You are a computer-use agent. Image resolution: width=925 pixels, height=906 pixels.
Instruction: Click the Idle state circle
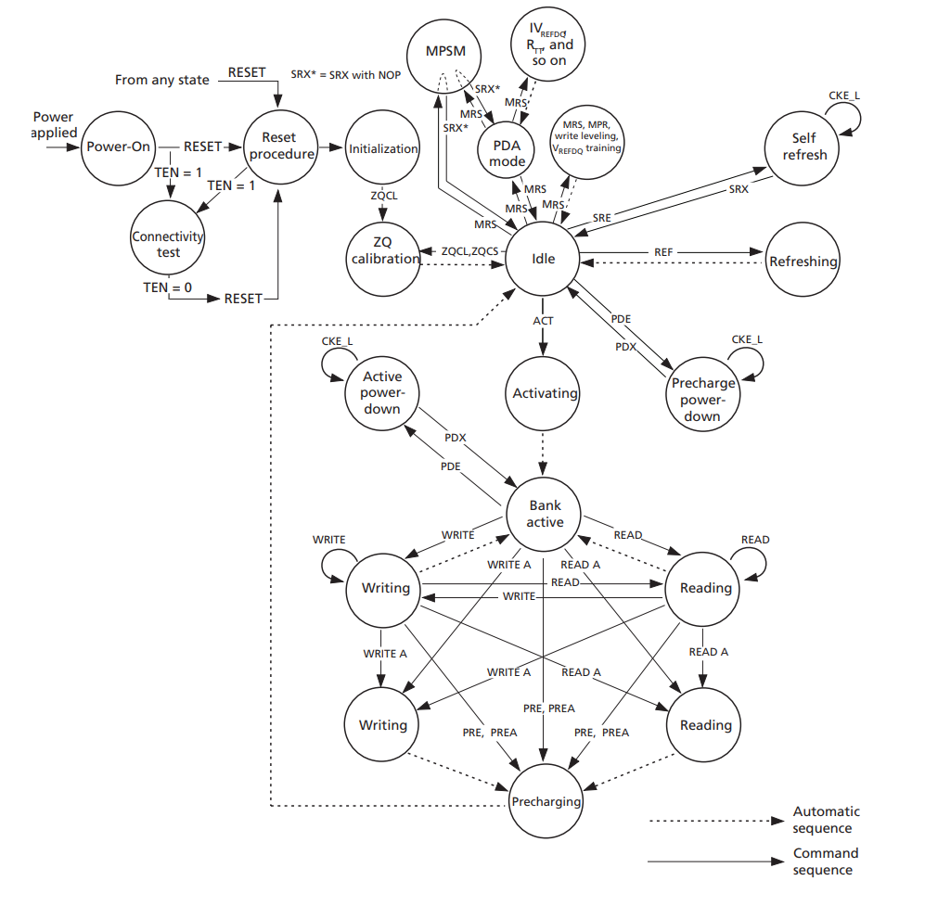pyautogui.click(x=543, y=258)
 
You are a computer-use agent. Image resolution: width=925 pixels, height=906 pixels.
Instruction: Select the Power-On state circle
pyautogui.click(x=118, y=147)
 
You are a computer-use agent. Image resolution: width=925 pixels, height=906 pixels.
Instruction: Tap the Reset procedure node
pyautogui.click(x=281, y=147)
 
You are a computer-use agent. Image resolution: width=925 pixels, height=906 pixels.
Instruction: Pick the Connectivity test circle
pyautogui.click(x=168, y=244)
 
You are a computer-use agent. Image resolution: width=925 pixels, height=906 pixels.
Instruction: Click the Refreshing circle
pyautogui.click(x=803, y=262)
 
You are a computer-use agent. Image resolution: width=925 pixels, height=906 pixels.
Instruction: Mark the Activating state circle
pyautogui.click(x=545, y=393)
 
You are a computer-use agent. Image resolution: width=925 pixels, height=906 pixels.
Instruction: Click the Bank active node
pyautogui.click(x=545, y=514)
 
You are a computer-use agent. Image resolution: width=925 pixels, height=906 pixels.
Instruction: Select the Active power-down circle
pyautogui.click(x=381, y=393)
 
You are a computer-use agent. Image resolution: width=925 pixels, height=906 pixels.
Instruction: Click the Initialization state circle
pyautogui.click(x=383, y=148)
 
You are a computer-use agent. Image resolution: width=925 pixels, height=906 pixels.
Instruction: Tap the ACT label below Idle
pyautogui.click(x=543, y=321)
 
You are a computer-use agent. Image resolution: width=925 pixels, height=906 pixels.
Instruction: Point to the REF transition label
pyautogui.click(x=663, y=252)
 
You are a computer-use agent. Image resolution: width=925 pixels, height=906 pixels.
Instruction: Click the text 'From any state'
pyautogui.click(x=161, y=80)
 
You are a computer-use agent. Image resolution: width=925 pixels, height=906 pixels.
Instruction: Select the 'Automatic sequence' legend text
pyautogui.click(x=826, y=820)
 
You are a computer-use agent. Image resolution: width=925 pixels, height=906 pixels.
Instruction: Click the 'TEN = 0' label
pyautogui.click(x=168, y=287)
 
